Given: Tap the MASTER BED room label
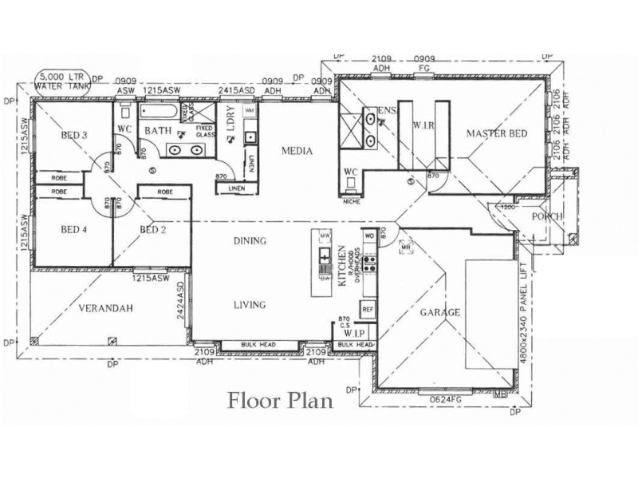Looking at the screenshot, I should click(496, 134).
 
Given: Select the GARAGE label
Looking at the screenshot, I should click(440, 313).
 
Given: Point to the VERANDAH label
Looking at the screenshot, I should click(106, 307).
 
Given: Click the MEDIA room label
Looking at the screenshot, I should click(296, 151).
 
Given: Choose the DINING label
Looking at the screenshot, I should click(249, 240).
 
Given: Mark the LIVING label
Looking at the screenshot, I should click(249, 304).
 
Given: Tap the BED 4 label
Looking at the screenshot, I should click(73, 230).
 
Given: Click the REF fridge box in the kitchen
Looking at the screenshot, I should click(368, 308).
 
